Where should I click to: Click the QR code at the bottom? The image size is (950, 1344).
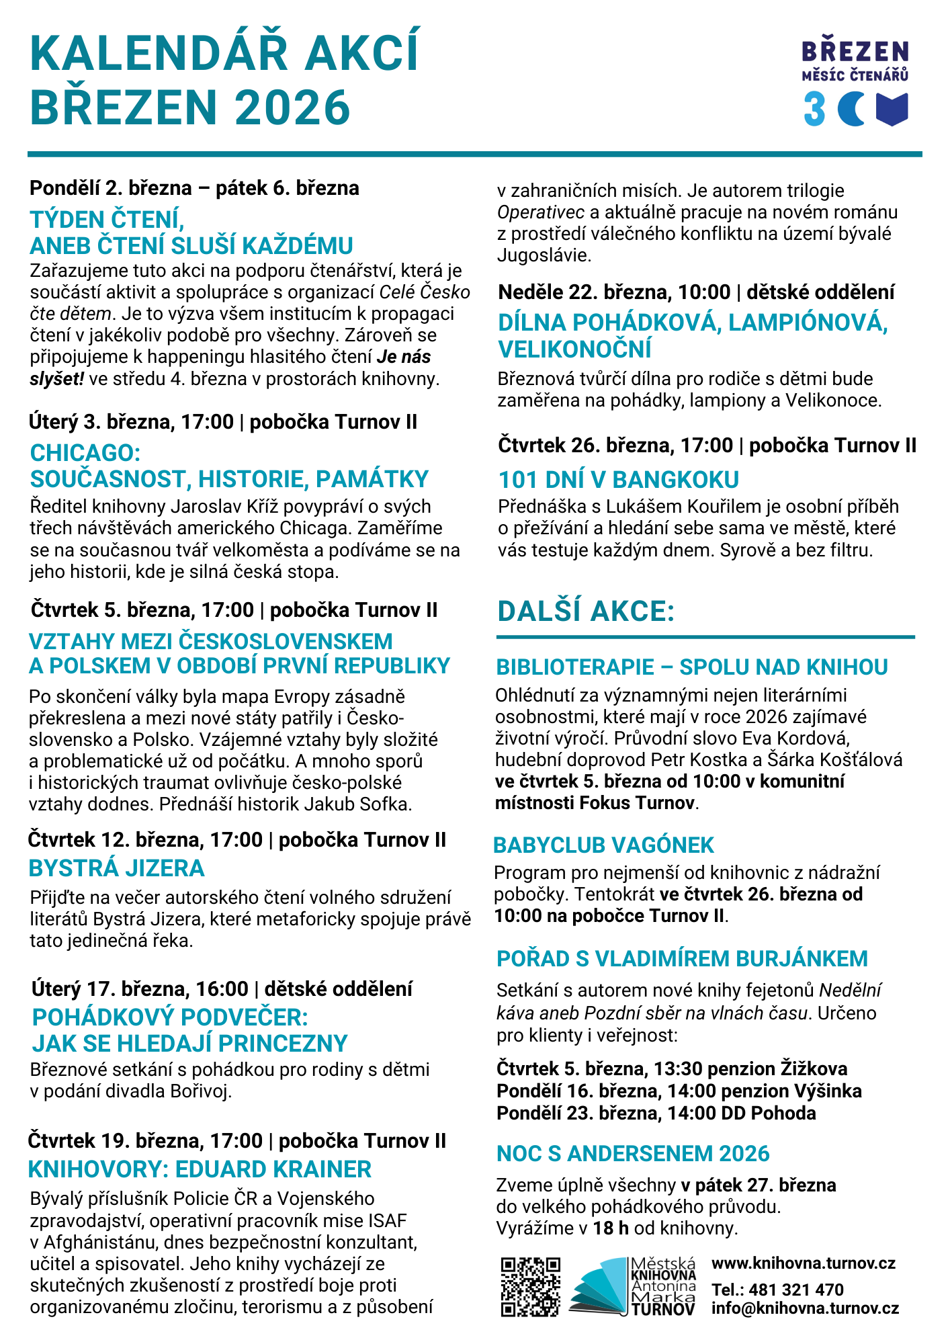click(531, 1286)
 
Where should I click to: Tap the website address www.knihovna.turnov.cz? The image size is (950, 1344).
click(804, 1263)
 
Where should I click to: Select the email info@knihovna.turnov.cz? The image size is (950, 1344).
click(805, 1308)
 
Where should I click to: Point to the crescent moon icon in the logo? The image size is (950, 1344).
click(851, 110)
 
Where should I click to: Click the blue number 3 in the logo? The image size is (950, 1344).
click(814, 110)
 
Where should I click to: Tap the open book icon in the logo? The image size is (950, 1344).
click(892, 110)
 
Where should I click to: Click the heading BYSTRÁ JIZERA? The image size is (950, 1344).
click(116, 868)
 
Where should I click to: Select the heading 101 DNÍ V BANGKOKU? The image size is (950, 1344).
click(618, 480)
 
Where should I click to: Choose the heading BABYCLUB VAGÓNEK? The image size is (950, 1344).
click(603, 845)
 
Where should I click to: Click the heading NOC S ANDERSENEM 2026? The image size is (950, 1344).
click(633, 1153)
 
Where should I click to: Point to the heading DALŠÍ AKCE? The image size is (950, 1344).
click(586, 612)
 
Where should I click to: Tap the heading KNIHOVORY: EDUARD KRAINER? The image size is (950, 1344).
click(200, 1169)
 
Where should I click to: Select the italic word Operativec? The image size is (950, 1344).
click(541, 212)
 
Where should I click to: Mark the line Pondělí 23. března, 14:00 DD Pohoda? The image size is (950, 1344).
click(656, 1113)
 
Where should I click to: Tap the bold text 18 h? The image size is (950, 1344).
click(611, 1228)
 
